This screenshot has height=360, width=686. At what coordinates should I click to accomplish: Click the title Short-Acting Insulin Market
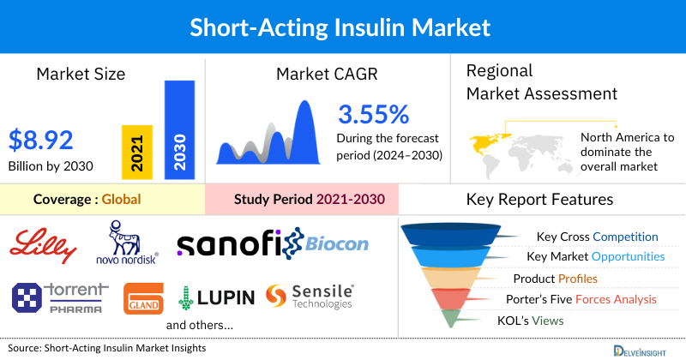pyautogui.click(x=343, y=27)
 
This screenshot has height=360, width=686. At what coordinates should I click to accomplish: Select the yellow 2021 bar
pyautogui.click(x=137, y=150)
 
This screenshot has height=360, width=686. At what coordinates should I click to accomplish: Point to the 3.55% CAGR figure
pyautogui.click(x=374, y=114)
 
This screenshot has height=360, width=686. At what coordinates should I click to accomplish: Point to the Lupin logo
pyautogui.click(x=216, y=297)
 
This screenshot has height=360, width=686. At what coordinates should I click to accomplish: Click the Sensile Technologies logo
pyautogui.click(x=310, y=297)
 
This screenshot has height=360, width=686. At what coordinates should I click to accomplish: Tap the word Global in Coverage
pyautogui.click(x=121, y=200)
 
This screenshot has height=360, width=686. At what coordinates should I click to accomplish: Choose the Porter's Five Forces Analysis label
pyautogui.click(x=585, y=299)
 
